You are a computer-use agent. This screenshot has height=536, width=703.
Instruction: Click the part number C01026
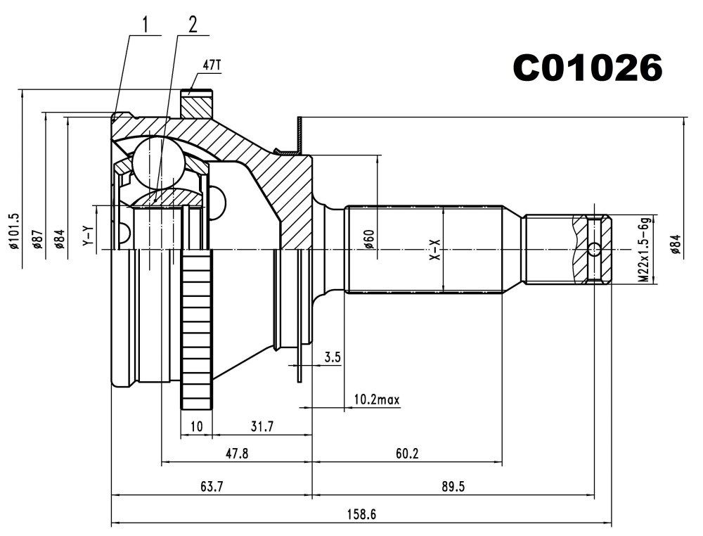(587, 68)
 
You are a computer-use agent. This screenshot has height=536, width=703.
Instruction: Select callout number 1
(145, 25)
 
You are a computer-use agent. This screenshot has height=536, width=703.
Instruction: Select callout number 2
(191, 25)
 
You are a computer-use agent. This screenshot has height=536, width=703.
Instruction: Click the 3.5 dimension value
(333, 357)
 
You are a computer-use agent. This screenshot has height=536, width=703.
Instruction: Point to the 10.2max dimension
(376, 400)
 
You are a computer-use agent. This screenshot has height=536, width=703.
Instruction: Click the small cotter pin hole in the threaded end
(594, 249)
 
